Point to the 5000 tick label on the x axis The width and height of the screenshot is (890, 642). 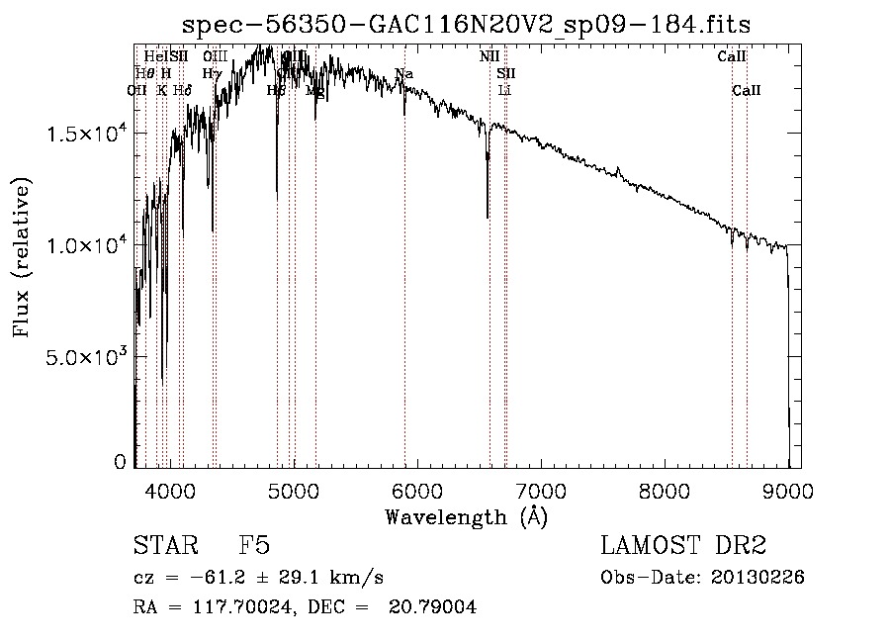coord(294,490)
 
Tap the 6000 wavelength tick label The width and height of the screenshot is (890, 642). coord(417,490)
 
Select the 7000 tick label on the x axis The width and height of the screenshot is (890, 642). coord(541,490)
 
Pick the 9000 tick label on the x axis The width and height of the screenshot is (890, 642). coord(788,490)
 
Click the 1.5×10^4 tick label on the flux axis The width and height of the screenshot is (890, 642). coord(84,134)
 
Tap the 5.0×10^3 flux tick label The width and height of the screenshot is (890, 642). coord(84,356)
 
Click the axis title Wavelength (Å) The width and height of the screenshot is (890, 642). coord(466,516)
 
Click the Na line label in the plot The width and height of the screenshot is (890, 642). coord(403,74)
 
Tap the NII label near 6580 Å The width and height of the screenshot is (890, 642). coord(489,56)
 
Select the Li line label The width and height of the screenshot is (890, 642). coord(504,91)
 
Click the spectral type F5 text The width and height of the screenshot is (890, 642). coord(254,546)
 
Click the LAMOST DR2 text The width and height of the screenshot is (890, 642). coord(683,546)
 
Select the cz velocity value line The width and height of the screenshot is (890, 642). coord(258,578)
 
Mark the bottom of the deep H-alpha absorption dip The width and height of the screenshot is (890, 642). coord(488,217)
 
